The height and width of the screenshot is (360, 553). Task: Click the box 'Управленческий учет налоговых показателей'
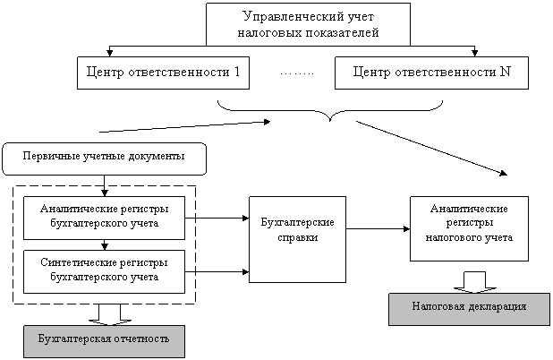tap(309, 24)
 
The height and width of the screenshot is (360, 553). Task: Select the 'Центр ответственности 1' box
tap(163, 73)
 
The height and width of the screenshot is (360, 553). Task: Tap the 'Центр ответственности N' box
tap(431, 73)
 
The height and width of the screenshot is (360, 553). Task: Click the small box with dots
tap(297, 73)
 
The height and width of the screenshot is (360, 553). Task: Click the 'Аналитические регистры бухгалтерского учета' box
tap(106, 216)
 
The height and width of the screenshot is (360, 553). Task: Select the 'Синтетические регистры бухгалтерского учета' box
tap(106, 270)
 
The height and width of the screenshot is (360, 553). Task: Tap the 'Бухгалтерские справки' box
tap(297, 230)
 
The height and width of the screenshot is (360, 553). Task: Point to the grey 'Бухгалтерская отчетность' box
tap(104, 341)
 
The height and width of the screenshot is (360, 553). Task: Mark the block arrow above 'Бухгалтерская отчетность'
tap(111, 313)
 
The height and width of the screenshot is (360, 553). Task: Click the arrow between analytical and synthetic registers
tap(106, 244)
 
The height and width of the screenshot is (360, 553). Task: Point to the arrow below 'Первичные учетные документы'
tap(106, 189)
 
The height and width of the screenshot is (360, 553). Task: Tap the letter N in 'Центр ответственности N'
tap(506, 73)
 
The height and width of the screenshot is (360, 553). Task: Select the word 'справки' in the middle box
tap(297, 239)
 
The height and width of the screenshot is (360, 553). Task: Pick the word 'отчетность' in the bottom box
tap(137, 341)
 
